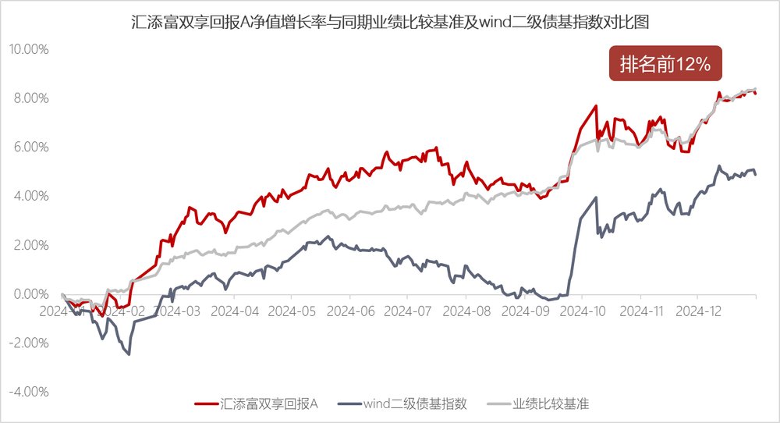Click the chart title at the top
pyautogui.click(x=390, y=22)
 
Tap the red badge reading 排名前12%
pyautogui.click(x=665, y=66)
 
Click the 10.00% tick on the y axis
pyautogui.click(x=29, y=49)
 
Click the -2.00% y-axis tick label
pyautogui.click(x=29, y=343)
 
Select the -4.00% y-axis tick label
pyautogui.click(x=29, y=392)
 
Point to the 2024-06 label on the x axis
pyautogui.click(x=349, y=310)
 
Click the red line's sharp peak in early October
pyautogui.click(x=596, y=106)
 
